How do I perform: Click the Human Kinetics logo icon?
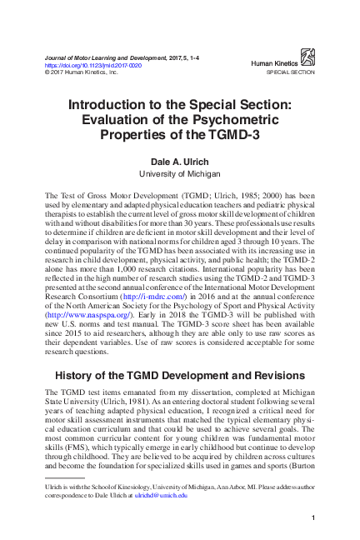pos(307,57)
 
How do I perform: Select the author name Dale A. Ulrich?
pos(179,161)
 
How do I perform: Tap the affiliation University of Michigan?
pos(179,173)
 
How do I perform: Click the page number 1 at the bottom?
pos(312,519)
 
